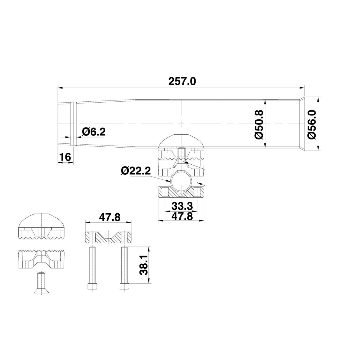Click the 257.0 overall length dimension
coord(182,82)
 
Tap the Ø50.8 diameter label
coord(259,124)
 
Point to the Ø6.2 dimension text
coord(94,132)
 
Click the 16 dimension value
coord(65,157)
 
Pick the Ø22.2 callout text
coord(136,171)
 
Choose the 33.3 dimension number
coord(182,206)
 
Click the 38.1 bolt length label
coord(144,265)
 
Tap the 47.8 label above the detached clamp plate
coord(110,217)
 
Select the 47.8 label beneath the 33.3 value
coord(182,216)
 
